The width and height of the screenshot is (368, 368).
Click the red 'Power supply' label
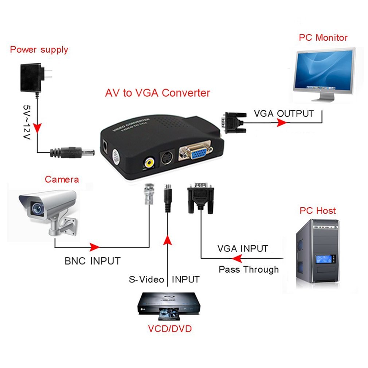39,50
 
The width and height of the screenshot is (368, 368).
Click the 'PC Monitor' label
323,38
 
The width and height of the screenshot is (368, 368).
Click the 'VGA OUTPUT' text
283,113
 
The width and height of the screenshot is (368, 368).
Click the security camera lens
37,208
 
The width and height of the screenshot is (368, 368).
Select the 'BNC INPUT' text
92,261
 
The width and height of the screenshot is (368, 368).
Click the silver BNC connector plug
149,195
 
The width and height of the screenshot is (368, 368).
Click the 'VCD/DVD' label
169,329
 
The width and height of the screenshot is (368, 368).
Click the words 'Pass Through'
248,270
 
